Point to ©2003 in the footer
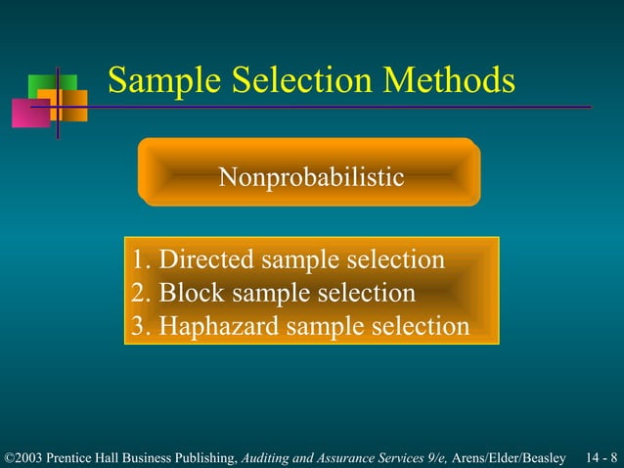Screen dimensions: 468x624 click(x=24, y=458)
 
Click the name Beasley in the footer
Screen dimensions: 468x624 click(x=544, y=458)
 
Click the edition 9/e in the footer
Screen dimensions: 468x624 click(x=432, y=458)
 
